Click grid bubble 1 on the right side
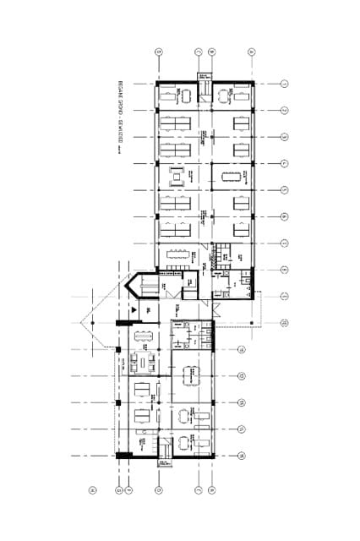pos(286,84)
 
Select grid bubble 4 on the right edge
pos(286,163)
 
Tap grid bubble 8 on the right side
pos(286,270)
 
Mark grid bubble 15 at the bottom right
pos(242,456)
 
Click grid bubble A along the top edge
pos(251,52)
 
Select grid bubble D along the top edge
pos(158,52)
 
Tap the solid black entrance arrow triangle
pos(131,312)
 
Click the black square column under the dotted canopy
pos(252,322)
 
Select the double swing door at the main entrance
pos(216,307)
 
